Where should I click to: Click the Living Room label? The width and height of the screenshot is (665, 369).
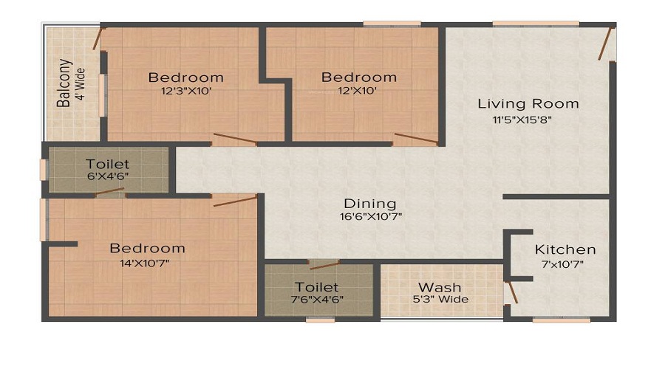click(x=528, y=104)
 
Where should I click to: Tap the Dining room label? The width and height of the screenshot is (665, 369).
click(x=370, y=204)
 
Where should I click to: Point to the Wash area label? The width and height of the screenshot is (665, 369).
click(x=440, y=288)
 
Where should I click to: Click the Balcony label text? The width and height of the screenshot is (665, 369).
click(x=64, y=83)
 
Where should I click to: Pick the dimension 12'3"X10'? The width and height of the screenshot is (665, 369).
click(x=186, y=91)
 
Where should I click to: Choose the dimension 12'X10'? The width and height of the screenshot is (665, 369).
click(x=358, y=91)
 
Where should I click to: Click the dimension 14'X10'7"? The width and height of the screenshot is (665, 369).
click(x=145, y=263)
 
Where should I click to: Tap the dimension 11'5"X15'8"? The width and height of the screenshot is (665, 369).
click(x=522, y=120)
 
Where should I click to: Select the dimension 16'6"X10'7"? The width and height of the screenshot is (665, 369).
click(x=371, y=217)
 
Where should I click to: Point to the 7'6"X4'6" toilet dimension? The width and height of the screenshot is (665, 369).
click(x=317, y=300)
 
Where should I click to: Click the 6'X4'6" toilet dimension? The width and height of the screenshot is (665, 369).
click(x=108, y=176)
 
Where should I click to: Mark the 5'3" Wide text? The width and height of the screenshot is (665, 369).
click(x=440, y=300)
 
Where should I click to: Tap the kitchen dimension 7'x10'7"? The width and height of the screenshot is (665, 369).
click(x=563, y=265)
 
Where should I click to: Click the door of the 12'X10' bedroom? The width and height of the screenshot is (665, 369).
click(x=415, y=138)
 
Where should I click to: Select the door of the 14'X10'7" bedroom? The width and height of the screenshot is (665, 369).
click(x=236, y=201)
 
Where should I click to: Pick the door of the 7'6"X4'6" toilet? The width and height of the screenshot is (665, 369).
click(x=324, y=266)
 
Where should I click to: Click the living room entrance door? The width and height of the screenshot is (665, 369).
click(x=606, y=44)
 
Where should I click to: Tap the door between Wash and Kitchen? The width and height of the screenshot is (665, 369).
click(x=511, y=292)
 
